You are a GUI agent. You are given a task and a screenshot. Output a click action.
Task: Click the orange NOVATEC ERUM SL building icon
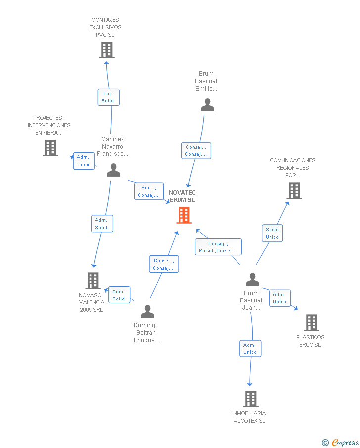(184, 215)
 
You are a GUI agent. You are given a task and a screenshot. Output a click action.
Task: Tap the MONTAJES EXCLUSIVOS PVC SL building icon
(107, 50)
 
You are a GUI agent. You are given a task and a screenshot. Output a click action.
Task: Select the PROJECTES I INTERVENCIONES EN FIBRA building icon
(50, 148)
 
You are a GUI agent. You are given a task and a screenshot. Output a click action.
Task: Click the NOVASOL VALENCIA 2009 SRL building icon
(93, 281)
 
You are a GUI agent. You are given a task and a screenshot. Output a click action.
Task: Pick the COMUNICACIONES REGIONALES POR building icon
(294, 191)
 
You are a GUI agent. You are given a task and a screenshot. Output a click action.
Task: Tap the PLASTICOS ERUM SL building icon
(312, 323)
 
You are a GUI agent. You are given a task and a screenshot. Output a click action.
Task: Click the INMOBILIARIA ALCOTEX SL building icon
(251, 399)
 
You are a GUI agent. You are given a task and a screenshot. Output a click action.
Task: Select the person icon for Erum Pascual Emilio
(207, 105)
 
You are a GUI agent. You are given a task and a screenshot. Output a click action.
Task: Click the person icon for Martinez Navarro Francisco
(113, 170)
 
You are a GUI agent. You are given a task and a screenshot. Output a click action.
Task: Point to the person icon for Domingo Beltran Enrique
(147, 312)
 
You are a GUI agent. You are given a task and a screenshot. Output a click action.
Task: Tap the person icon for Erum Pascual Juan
(252, 280)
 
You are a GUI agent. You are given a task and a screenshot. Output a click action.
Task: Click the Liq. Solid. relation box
(108, 97)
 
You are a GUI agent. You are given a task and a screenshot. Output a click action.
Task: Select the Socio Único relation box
(272, 233)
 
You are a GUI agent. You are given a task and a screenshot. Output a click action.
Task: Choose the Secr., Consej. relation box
(148, 191)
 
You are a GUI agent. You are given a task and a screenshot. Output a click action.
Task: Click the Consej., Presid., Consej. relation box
(218, 247)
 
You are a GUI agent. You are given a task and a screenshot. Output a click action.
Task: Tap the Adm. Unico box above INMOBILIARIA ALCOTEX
(250, 348)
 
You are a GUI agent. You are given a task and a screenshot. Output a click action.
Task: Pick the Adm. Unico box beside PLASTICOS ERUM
(280, 298)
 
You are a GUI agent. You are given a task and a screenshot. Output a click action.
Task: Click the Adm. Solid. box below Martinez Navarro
(102, 224)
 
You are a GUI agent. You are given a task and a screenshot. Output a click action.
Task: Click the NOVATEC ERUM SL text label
(182, 196)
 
